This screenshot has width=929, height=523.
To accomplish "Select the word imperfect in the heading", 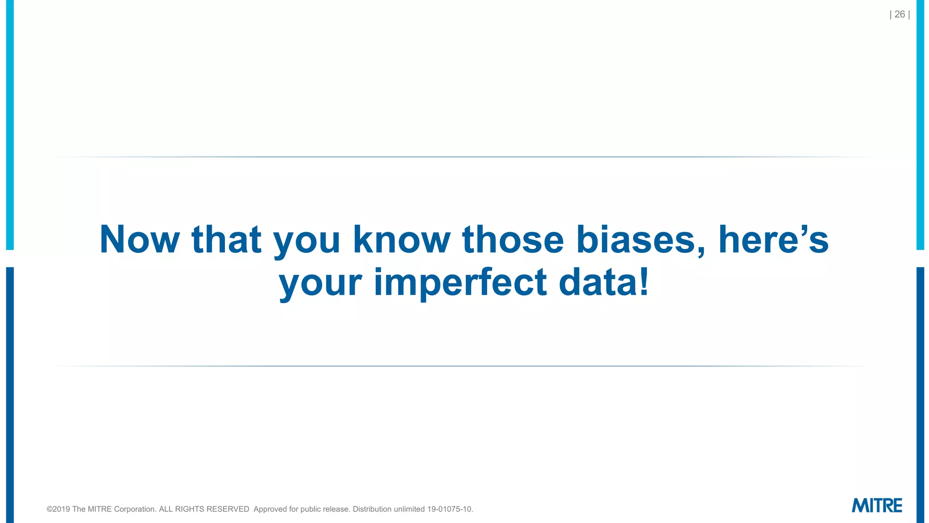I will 460,282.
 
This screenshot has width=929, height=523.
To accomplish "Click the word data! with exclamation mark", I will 604,282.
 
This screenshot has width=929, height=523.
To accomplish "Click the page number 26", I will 900,15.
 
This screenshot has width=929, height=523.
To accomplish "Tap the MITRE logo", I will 876,505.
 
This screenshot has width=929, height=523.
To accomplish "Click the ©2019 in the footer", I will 59,509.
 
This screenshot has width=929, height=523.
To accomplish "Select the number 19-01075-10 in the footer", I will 450,509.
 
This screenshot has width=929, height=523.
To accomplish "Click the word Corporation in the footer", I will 135,509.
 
